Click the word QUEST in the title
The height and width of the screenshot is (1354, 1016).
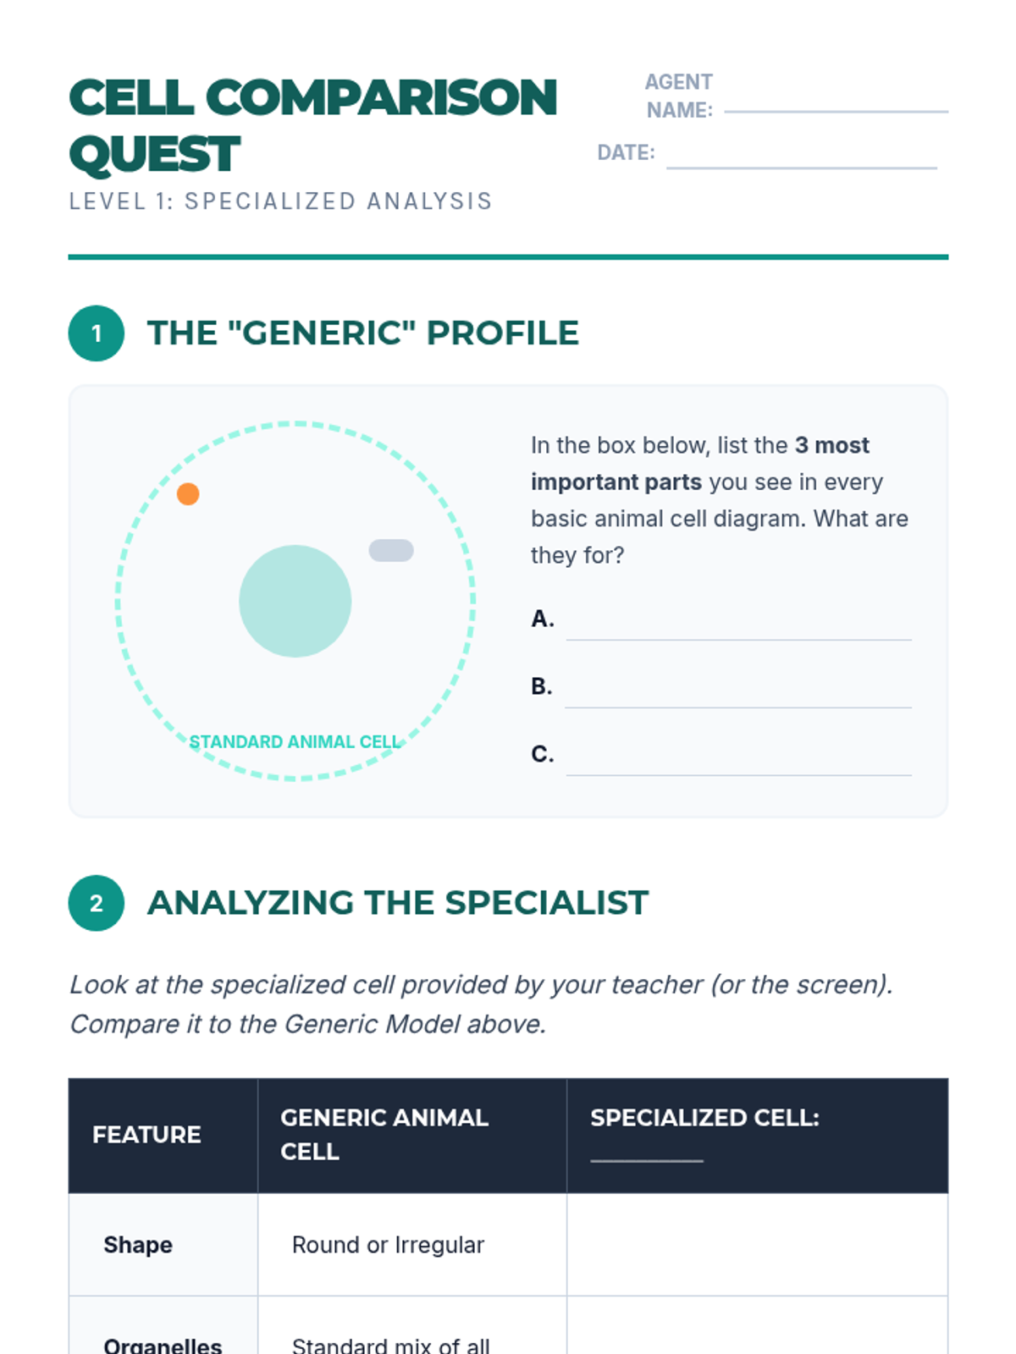click(154, 154)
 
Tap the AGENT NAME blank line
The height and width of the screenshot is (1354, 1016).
click(836, 112)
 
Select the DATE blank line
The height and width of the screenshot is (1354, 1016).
click(801, 168)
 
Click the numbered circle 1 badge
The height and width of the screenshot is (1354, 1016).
click(97, 333)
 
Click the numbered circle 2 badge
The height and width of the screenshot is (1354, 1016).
click(97, 903)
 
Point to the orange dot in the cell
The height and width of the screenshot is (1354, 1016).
click(188, 494)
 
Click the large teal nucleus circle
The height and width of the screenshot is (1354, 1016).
click(295, 601)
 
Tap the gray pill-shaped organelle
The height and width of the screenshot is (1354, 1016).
click(391, 550)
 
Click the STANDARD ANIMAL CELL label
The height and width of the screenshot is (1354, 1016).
click(295, 741)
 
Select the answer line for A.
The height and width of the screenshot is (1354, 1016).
click(739, 640)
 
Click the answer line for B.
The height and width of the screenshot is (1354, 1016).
click(738, 707)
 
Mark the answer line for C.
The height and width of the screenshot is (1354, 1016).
click(739, 775)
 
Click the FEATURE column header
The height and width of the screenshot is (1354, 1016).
click(146, 1135)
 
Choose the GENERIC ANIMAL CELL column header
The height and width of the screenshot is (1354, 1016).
click(384, 1135)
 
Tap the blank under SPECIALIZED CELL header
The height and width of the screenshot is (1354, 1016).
click(647, 1161)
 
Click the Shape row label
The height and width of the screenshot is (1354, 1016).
click(138, 1244)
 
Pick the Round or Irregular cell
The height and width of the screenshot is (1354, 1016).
click(388, 1245)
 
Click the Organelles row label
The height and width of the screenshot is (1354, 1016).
click(163, 1346)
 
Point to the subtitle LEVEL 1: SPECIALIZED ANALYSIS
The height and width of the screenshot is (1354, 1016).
click(281, 201)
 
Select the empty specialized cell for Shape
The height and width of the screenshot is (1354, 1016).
click(758, 1244)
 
